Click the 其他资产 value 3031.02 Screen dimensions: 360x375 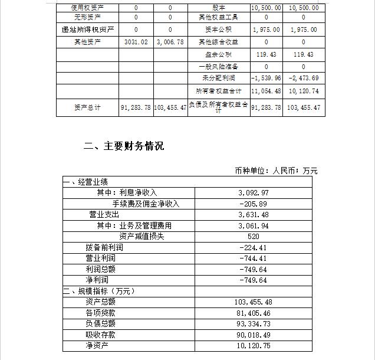136,42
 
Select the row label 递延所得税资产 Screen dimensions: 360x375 87,30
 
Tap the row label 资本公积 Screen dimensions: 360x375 218,30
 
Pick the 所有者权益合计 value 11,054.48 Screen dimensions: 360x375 266,91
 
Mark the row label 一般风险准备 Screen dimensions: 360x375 218,67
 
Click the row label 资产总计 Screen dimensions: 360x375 87,107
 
